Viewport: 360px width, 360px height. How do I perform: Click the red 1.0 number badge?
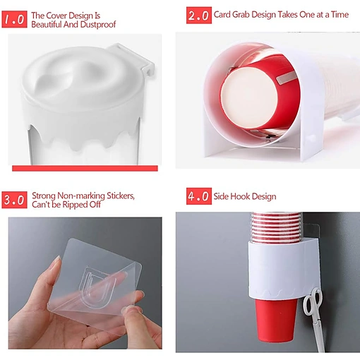(14, 19)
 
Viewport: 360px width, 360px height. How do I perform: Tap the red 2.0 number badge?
(199, 16)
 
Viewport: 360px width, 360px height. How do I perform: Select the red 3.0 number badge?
(14, 200)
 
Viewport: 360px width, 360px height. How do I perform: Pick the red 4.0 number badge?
(199, 196)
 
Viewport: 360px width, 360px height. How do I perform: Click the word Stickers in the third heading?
(121, 196)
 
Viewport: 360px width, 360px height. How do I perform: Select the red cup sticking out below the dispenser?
(275, 320)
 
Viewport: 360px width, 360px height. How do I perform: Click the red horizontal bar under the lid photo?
(85, 168)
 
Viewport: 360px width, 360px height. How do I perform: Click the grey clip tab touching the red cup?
(286, 78)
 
